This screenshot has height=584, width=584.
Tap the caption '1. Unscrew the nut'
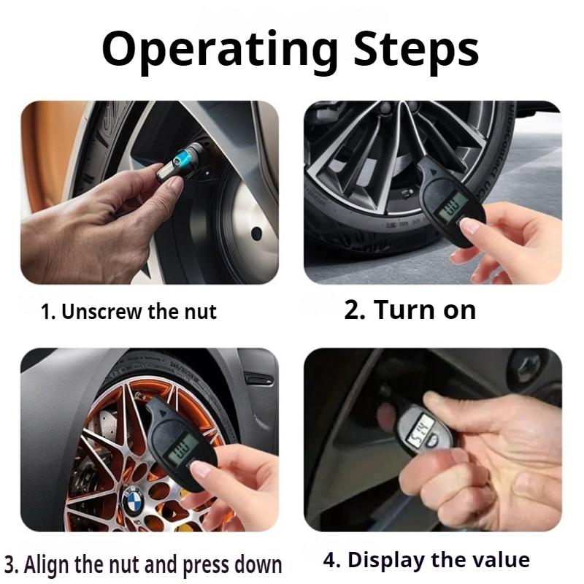point(128,312)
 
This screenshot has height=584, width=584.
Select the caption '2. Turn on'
point(410,310)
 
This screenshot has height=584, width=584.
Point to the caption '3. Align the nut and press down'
point(143,564)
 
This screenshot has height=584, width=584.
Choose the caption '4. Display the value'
point(426,560)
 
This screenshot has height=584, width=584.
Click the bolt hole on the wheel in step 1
point(256,234)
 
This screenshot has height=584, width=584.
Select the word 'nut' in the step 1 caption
point(201,312)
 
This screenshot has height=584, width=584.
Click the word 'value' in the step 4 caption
point(497,560)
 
